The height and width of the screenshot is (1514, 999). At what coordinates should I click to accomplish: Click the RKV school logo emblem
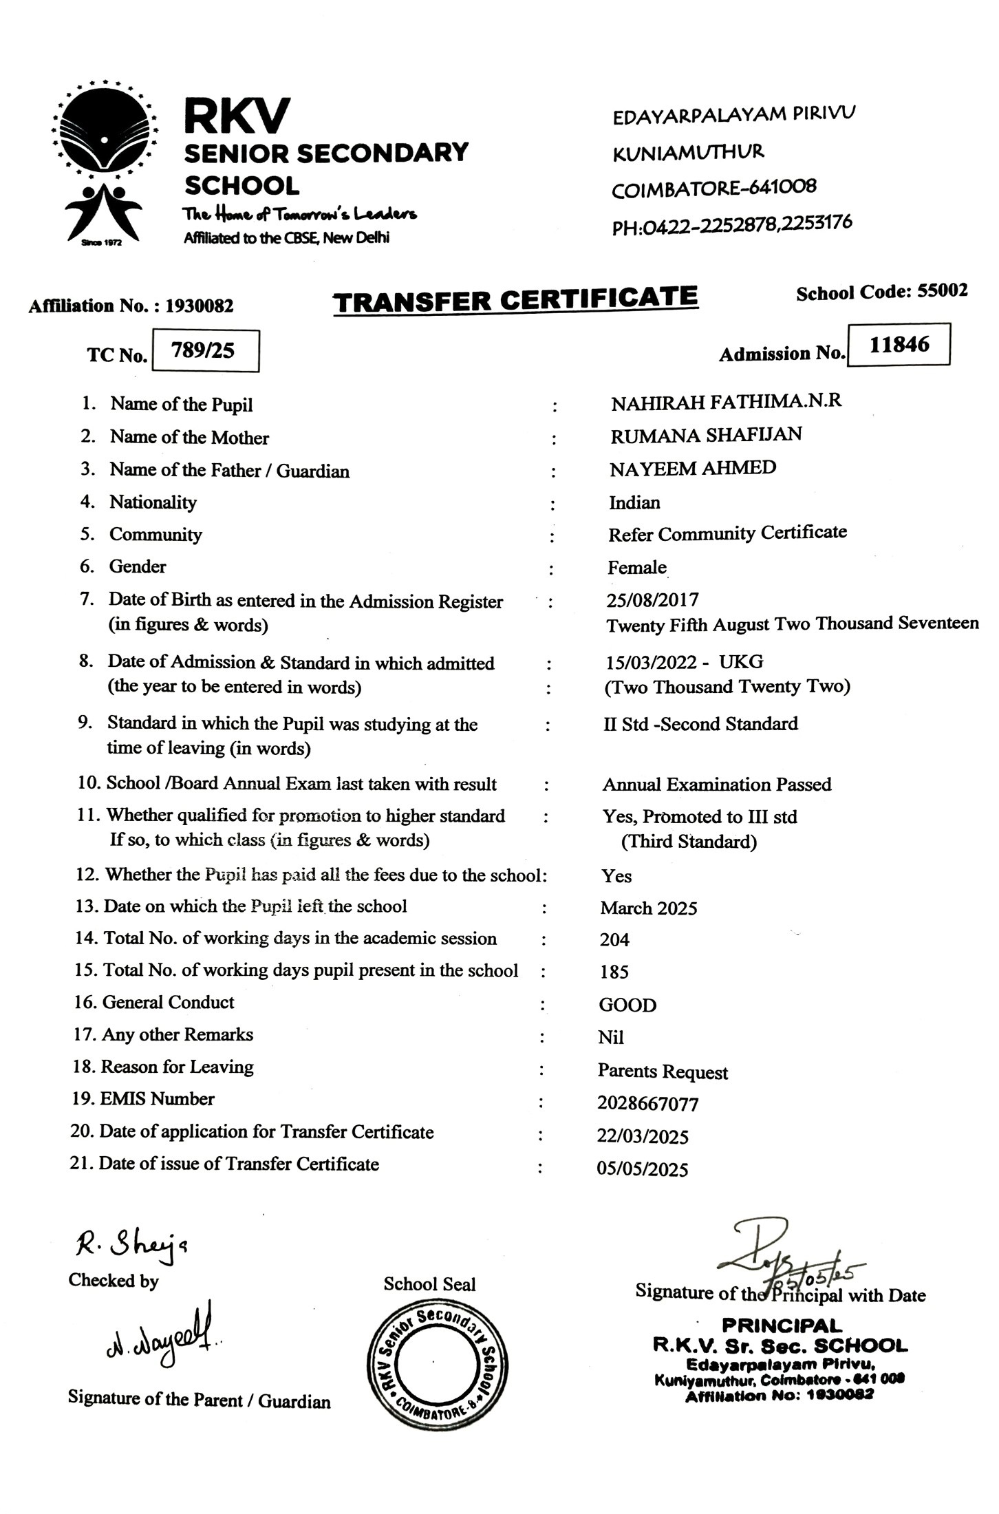(103, 165)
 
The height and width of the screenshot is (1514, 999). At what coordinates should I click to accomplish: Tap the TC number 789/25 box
(204, 351)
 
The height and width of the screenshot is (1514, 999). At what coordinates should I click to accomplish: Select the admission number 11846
(899, 344)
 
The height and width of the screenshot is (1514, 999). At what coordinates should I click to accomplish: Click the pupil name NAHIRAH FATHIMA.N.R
(726, 402)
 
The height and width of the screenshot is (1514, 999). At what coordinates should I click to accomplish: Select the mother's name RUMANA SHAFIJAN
(705, 435)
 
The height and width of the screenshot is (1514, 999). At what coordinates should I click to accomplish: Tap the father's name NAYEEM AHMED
(692, 469)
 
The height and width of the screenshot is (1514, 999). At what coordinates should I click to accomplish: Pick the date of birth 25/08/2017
(652, 600)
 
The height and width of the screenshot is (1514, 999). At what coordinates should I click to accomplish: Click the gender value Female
(636, 568)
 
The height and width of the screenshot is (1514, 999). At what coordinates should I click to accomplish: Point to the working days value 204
(614, 940)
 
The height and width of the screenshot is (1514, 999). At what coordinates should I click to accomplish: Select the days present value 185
(614, 972)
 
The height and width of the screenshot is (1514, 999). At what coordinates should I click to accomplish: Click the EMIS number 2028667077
(648, 1105)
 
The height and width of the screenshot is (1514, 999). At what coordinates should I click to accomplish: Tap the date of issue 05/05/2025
(642, 1169)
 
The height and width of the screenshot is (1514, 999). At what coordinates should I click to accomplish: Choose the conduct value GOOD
(627, 1005)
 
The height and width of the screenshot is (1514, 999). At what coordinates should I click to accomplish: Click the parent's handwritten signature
(162, 1339)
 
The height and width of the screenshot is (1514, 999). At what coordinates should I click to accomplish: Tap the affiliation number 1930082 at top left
(199, 306)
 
